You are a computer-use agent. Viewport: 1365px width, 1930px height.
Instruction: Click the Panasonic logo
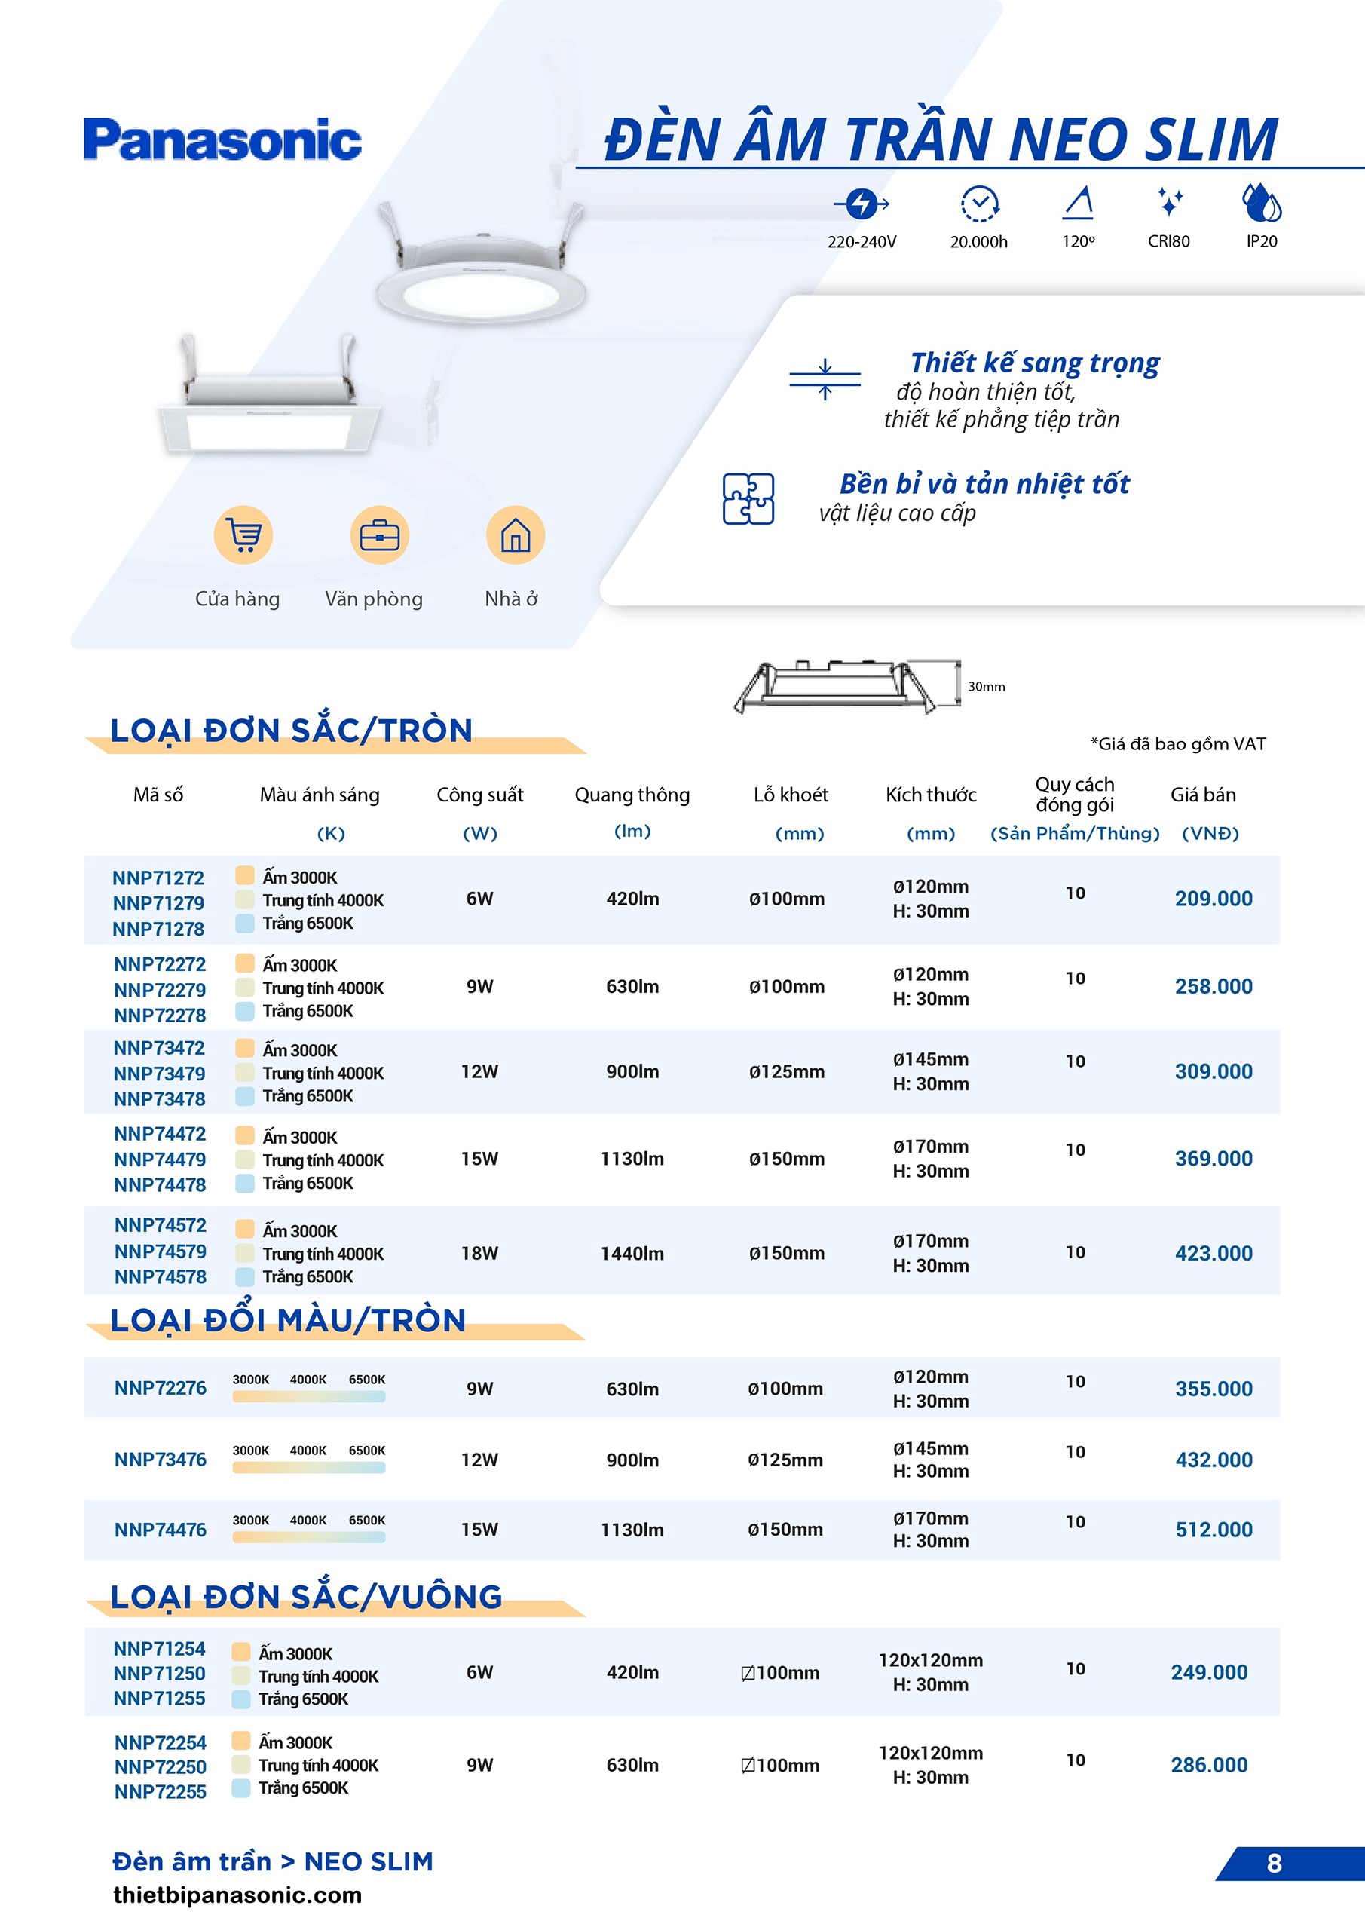coord(223,139)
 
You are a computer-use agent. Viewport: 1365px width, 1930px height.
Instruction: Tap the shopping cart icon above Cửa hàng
coord(243,535)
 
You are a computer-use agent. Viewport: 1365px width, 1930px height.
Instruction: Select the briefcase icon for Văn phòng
coord(379,535)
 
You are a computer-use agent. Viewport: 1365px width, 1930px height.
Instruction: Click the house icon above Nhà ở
coord(516,535)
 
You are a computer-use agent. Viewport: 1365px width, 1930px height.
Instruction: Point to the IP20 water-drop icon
coord(1261,204)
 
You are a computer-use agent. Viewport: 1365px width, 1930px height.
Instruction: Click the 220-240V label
coord(862,242)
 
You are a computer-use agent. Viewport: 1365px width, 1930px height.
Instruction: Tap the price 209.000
coord(1213,899)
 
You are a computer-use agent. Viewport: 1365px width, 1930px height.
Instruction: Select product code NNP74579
coord(160,1251)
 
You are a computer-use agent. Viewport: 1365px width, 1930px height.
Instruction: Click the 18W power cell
coord(479,1253)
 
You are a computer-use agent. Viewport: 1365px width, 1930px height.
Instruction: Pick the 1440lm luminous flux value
coord(632,1253)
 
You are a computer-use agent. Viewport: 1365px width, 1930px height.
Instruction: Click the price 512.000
coord(1213,1530)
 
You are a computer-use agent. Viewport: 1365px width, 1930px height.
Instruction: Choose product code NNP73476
coord(160,1460)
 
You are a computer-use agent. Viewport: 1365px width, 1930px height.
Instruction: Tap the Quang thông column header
coord(632,795)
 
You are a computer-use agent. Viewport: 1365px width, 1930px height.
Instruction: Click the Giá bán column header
coord(1203,795)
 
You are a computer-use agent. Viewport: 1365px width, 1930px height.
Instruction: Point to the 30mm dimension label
coord(986,687)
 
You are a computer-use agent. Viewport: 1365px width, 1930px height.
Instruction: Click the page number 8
coord(1273,1864)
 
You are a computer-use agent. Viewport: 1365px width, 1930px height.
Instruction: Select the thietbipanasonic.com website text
coord(237,1895)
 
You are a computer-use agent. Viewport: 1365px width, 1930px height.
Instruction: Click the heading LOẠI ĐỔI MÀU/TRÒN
coord(288,1321)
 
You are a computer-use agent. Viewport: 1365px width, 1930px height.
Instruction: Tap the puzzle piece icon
coord(748,498)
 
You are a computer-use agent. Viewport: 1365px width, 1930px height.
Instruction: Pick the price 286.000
coord(1209,1765)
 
